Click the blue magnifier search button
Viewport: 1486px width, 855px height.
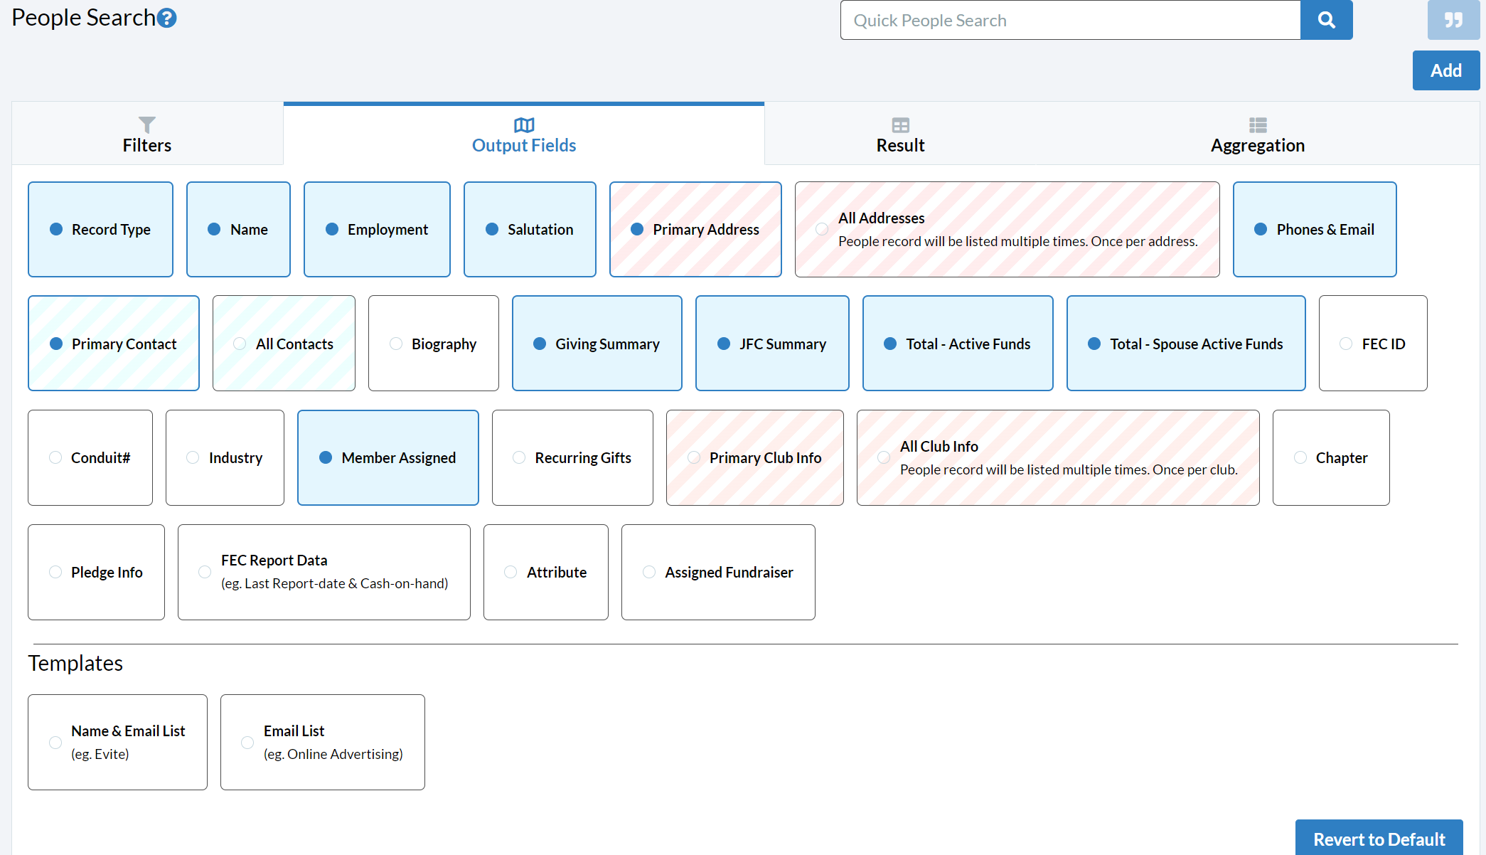[x=1326, y=20]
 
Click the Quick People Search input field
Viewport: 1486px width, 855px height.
[x=1070, y=20]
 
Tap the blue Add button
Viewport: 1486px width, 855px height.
[x=1446, y=70]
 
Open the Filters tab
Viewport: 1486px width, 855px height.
[x=147, y=134]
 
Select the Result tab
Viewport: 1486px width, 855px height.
[x=900, y=134]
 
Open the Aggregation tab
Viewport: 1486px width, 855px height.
[x=1258, y=134]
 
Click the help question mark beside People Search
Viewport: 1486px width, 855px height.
[x=167, y=18]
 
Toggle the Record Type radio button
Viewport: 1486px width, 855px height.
[x=56, y=229]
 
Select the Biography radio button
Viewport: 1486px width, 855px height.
[x=396, y=344]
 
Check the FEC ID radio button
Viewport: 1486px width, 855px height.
[x=1346, y=344]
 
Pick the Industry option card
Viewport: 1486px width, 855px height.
[x=225, y=457]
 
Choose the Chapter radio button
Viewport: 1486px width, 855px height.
[x=1300, y=457]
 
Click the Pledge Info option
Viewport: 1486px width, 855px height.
[x=96, y=572]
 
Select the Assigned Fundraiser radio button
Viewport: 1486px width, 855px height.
[x=649, y=572]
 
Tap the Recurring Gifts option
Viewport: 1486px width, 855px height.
[x=572, y=457]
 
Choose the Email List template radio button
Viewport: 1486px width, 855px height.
[x=247, y=743]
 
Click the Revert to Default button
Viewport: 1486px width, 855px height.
[x=1379, y=838]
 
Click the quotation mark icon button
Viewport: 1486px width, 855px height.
[x=1453, y=20]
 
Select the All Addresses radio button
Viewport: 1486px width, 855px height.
[x=822, y=229]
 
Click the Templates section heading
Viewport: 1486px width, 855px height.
[x=75, y=663]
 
